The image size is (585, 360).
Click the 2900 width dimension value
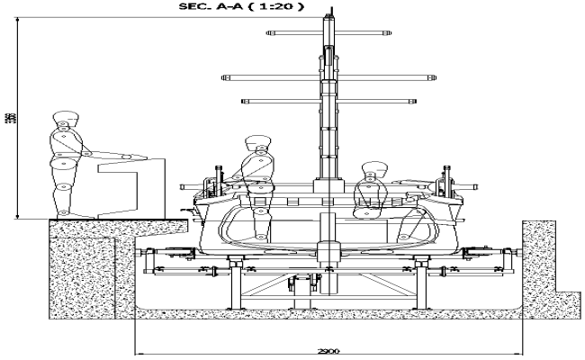tap(328, 350)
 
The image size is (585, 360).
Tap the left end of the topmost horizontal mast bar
tap(269, 33)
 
